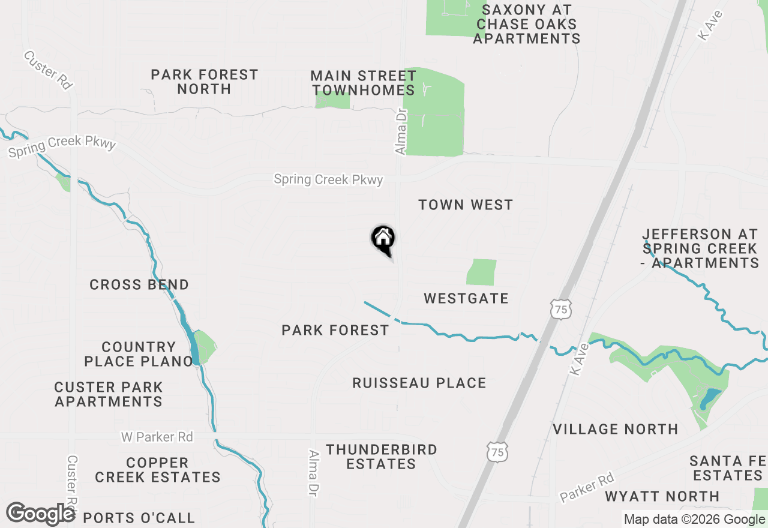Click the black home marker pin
[383, 239]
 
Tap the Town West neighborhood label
[466, 205]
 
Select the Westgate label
[466, 298]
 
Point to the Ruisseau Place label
[419, 383]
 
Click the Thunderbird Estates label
[382, 457]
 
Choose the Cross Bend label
[139, 284]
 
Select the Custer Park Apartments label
[109, 394]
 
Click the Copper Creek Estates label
[158, 470]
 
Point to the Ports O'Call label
[139, 518]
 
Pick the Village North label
[616, 429]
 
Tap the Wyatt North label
[662, 496]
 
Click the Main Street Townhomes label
[364, 83]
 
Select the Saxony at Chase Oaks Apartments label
[527, 24]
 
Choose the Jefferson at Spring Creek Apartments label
[701, 248]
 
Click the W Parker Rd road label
[157, 437]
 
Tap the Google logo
[40, 514]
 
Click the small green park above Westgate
[481, 272]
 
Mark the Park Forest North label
[204, 82]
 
